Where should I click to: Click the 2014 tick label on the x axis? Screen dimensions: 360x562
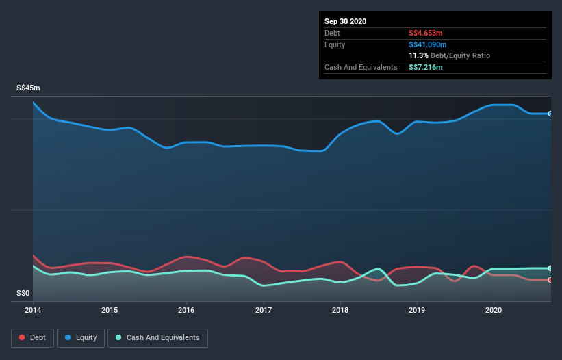[33, 310]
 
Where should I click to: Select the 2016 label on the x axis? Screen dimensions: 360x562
[186, 310]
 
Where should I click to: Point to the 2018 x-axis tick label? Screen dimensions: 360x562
[340, 310]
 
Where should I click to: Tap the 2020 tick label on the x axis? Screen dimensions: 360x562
[494, 310]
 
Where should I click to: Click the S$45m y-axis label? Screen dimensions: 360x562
[29, 88]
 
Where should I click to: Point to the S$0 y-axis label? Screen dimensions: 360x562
[23, 294]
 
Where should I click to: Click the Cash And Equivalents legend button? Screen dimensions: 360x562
[157, 337]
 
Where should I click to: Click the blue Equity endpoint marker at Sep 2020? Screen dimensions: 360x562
[550, 114]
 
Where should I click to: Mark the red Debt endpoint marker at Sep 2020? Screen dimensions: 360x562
[550, 280]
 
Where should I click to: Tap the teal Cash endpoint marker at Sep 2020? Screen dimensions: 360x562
[550, 268]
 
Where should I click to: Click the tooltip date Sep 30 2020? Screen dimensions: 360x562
[346, 21]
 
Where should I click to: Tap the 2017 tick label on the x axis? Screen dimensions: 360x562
[264, 310]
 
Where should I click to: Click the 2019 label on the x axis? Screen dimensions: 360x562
[417, 310]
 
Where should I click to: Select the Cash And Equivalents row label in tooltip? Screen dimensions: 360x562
[361, 67]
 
